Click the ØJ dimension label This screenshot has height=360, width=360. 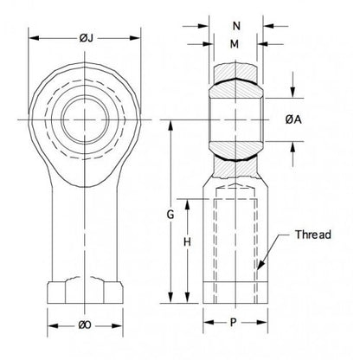click(85, 38)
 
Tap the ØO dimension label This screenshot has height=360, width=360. click(85, 325)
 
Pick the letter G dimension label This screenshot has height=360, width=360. click(171, 213)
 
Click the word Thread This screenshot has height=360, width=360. click(312, 235)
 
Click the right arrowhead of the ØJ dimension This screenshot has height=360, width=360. click(138, 38)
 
